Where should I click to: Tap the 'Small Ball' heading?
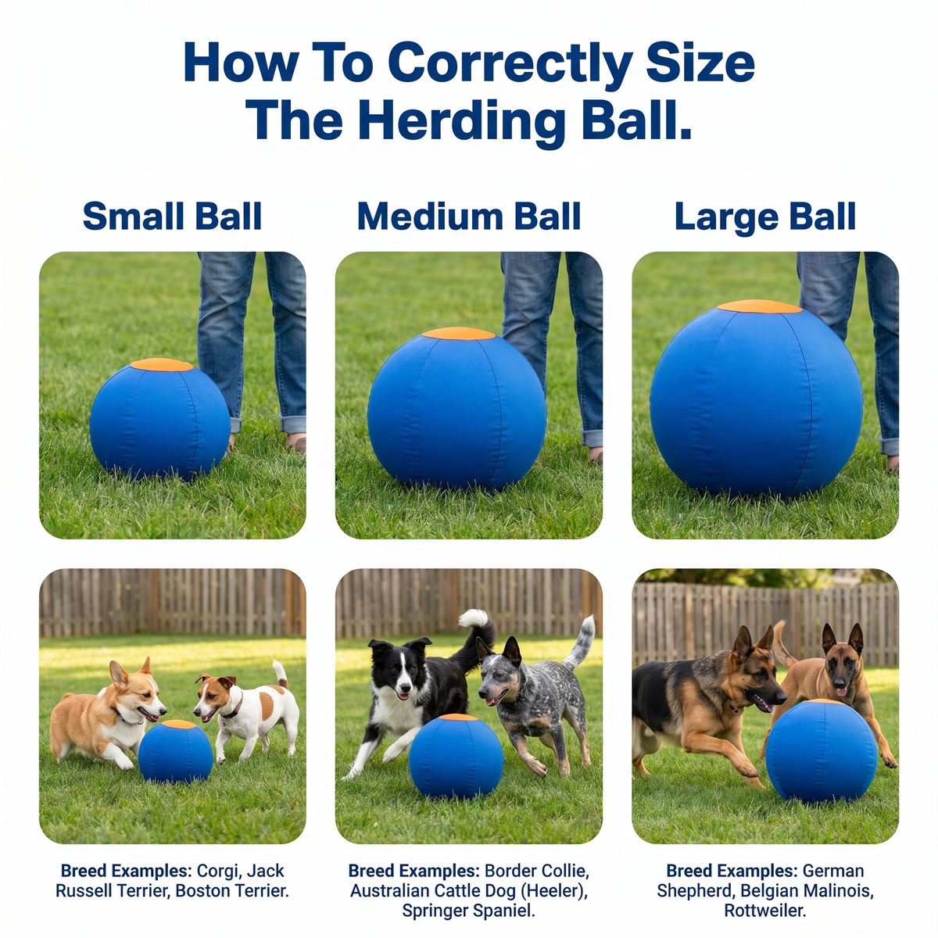tap(172, 216)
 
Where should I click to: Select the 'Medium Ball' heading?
tap(469, 216)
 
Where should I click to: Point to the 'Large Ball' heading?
tap(764, 217)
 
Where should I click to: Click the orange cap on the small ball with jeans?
tap(162, 365)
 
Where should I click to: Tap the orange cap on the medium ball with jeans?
tap(458, 334)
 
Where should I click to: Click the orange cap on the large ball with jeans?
tap(759, 306)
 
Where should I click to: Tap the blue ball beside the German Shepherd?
tap(822, 751)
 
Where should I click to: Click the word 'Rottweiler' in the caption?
tap(765, 911)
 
